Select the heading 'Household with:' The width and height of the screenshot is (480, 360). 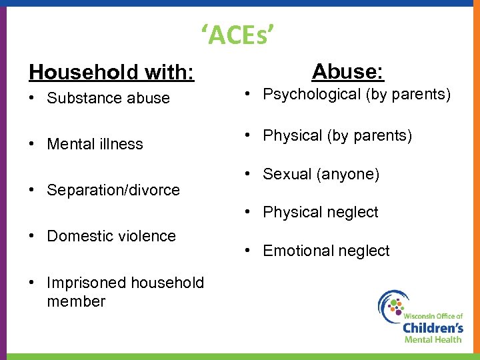[x=111, y=72]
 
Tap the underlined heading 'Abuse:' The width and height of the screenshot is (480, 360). [x=347, y=71]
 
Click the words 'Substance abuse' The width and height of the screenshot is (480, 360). [x=108, y=99]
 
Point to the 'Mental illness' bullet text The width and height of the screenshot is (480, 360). [x=95, y=144]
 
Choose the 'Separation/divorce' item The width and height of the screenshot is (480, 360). [x=113, y=190]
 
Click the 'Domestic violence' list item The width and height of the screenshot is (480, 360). [x=111, y=236]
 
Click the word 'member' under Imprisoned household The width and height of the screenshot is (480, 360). [x=76, y=301]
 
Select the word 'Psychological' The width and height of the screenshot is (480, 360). [x=311, y=95]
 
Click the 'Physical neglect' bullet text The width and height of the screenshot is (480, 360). [x=320, y=213]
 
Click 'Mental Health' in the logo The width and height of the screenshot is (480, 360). [x=433, y=339]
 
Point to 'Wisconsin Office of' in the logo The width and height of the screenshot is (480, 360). [x=433, y=314]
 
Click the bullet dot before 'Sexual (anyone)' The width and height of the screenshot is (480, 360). [x=247, y=175]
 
